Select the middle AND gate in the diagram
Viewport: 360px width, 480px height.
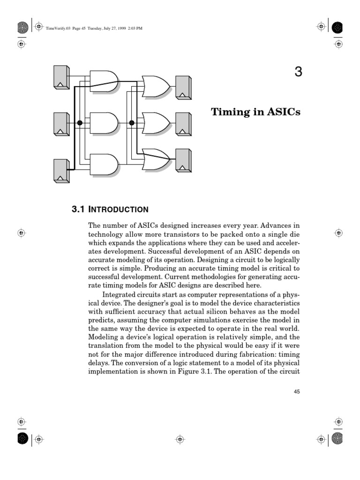coord(103,123)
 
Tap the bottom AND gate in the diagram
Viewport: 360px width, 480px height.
coord(103,164)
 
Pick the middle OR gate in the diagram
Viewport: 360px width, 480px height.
coord(156,123)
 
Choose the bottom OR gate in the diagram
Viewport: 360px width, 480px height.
coord(156,159)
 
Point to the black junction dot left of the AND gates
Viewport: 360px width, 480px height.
coord(80,123)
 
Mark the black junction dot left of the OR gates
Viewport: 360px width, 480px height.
coord(132,123)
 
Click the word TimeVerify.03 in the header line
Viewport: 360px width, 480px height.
coord(57,29)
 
